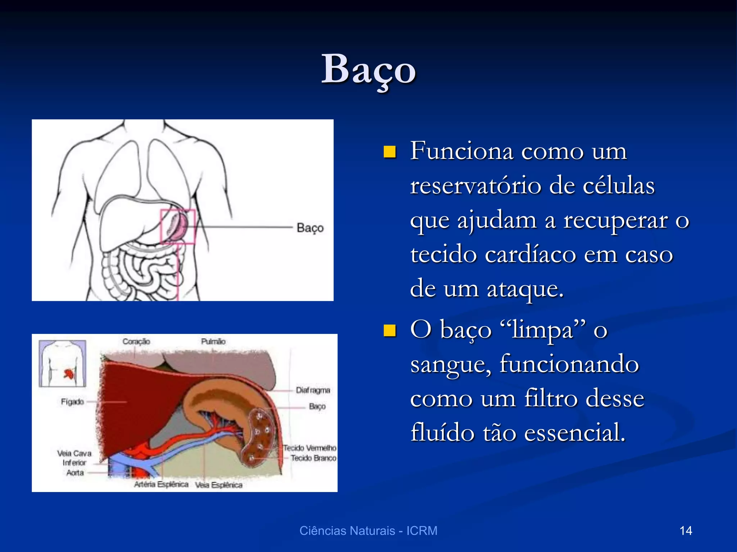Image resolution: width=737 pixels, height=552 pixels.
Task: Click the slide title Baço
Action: (x=368, y=69)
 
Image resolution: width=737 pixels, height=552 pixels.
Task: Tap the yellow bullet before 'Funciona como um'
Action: (x=389, y=152)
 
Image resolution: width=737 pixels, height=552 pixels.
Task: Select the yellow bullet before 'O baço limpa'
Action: (x=389, y=330)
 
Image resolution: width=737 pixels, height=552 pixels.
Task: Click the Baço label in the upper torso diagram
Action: (x=310, y=228)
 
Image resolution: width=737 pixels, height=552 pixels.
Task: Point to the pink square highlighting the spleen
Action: (x=178, y=226)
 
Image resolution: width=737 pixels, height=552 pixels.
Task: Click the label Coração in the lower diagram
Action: (x=136, y=341)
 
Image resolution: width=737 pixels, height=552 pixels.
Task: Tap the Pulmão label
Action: (x=213, y=341)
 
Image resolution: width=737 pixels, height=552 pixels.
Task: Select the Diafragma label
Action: (x=313, y=390)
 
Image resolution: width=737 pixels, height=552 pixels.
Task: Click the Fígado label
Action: (x=72, y=402)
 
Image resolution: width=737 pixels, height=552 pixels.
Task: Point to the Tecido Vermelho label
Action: (x=310, y=448)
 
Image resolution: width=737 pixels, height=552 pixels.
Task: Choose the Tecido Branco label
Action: (x=313, y=458)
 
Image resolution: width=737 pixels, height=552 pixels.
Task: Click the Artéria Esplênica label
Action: (x=161, y=484)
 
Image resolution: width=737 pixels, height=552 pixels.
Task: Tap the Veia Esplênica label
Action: (x=219, y=485)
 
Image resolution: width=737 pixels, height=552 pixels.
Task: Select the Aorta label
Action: (x=75, y=473)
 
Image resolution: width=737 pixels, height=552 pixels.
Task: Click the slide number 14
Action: (x=686, y=531)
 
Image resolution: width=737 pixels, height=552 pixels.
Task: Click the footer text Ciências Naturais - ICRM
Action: (x=368, y=531)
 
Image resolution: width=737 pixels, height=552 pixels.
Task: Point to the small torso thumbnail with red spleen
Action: (x=63, y=363)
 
